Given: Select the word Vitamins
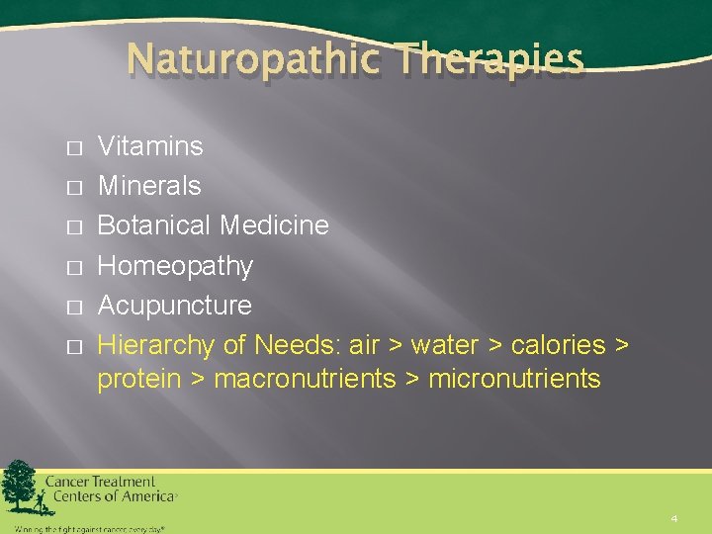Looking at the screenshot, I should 150,146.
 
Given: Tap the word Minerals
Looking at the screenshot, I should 149,186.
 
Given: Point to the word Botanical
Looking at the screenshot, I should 154,225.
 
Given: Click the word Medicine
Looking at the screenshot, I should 275,225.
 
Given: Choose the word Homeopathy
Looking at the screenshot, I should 175,266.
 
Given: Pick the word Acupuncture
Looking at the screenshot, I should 174,306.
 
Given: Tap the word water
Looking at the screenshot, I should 445,345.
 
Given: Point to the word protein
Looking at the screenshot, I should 138,379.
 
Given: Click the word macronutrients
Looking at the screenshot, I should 305,379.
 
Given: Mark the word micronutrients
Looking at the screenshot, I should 514,379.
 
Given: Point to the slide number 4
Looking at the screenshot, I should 673,518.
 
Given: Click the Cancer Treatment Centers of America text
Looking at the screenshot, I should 109,489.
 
